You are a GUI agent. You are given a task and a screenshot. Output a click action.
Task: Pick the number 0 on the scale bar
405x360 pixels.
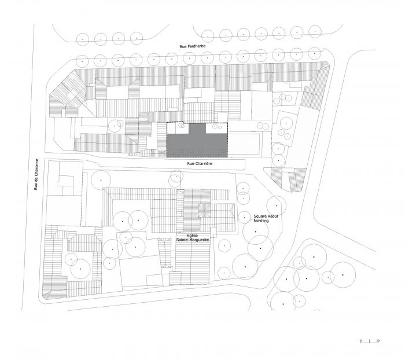(x=360, y=340)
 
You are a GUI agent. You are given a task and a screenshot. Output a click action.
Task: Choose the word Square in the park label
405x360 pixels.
(x=259, y=215)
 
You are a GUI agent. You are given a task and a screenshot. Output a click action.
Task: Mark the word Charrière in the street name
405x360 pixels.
(x=203, y=164)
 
